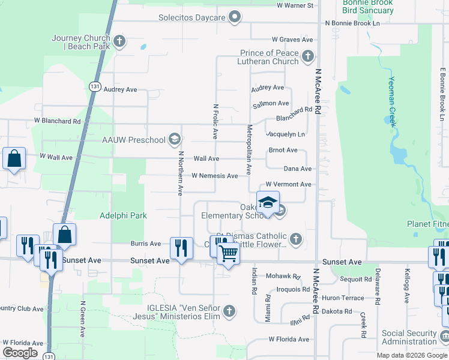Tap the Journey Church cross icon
point(119,41)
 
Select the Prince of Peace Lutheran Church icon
point(308,57)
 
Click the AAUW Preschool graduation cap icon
point(174,140)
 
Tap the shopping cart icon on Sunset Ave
point(228,254)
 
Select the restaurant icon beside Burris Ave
point(181,247)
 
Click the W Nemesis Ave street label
point(214,176)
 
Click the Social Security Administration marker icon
point(444,337)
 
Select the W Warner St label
point(295,5)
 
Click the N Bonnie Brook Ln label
point(352,23)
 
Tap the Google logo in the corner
point(20,353)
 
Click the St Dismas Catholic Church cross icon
point(295,239)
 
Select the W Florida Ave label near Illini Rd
point(289,339)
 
